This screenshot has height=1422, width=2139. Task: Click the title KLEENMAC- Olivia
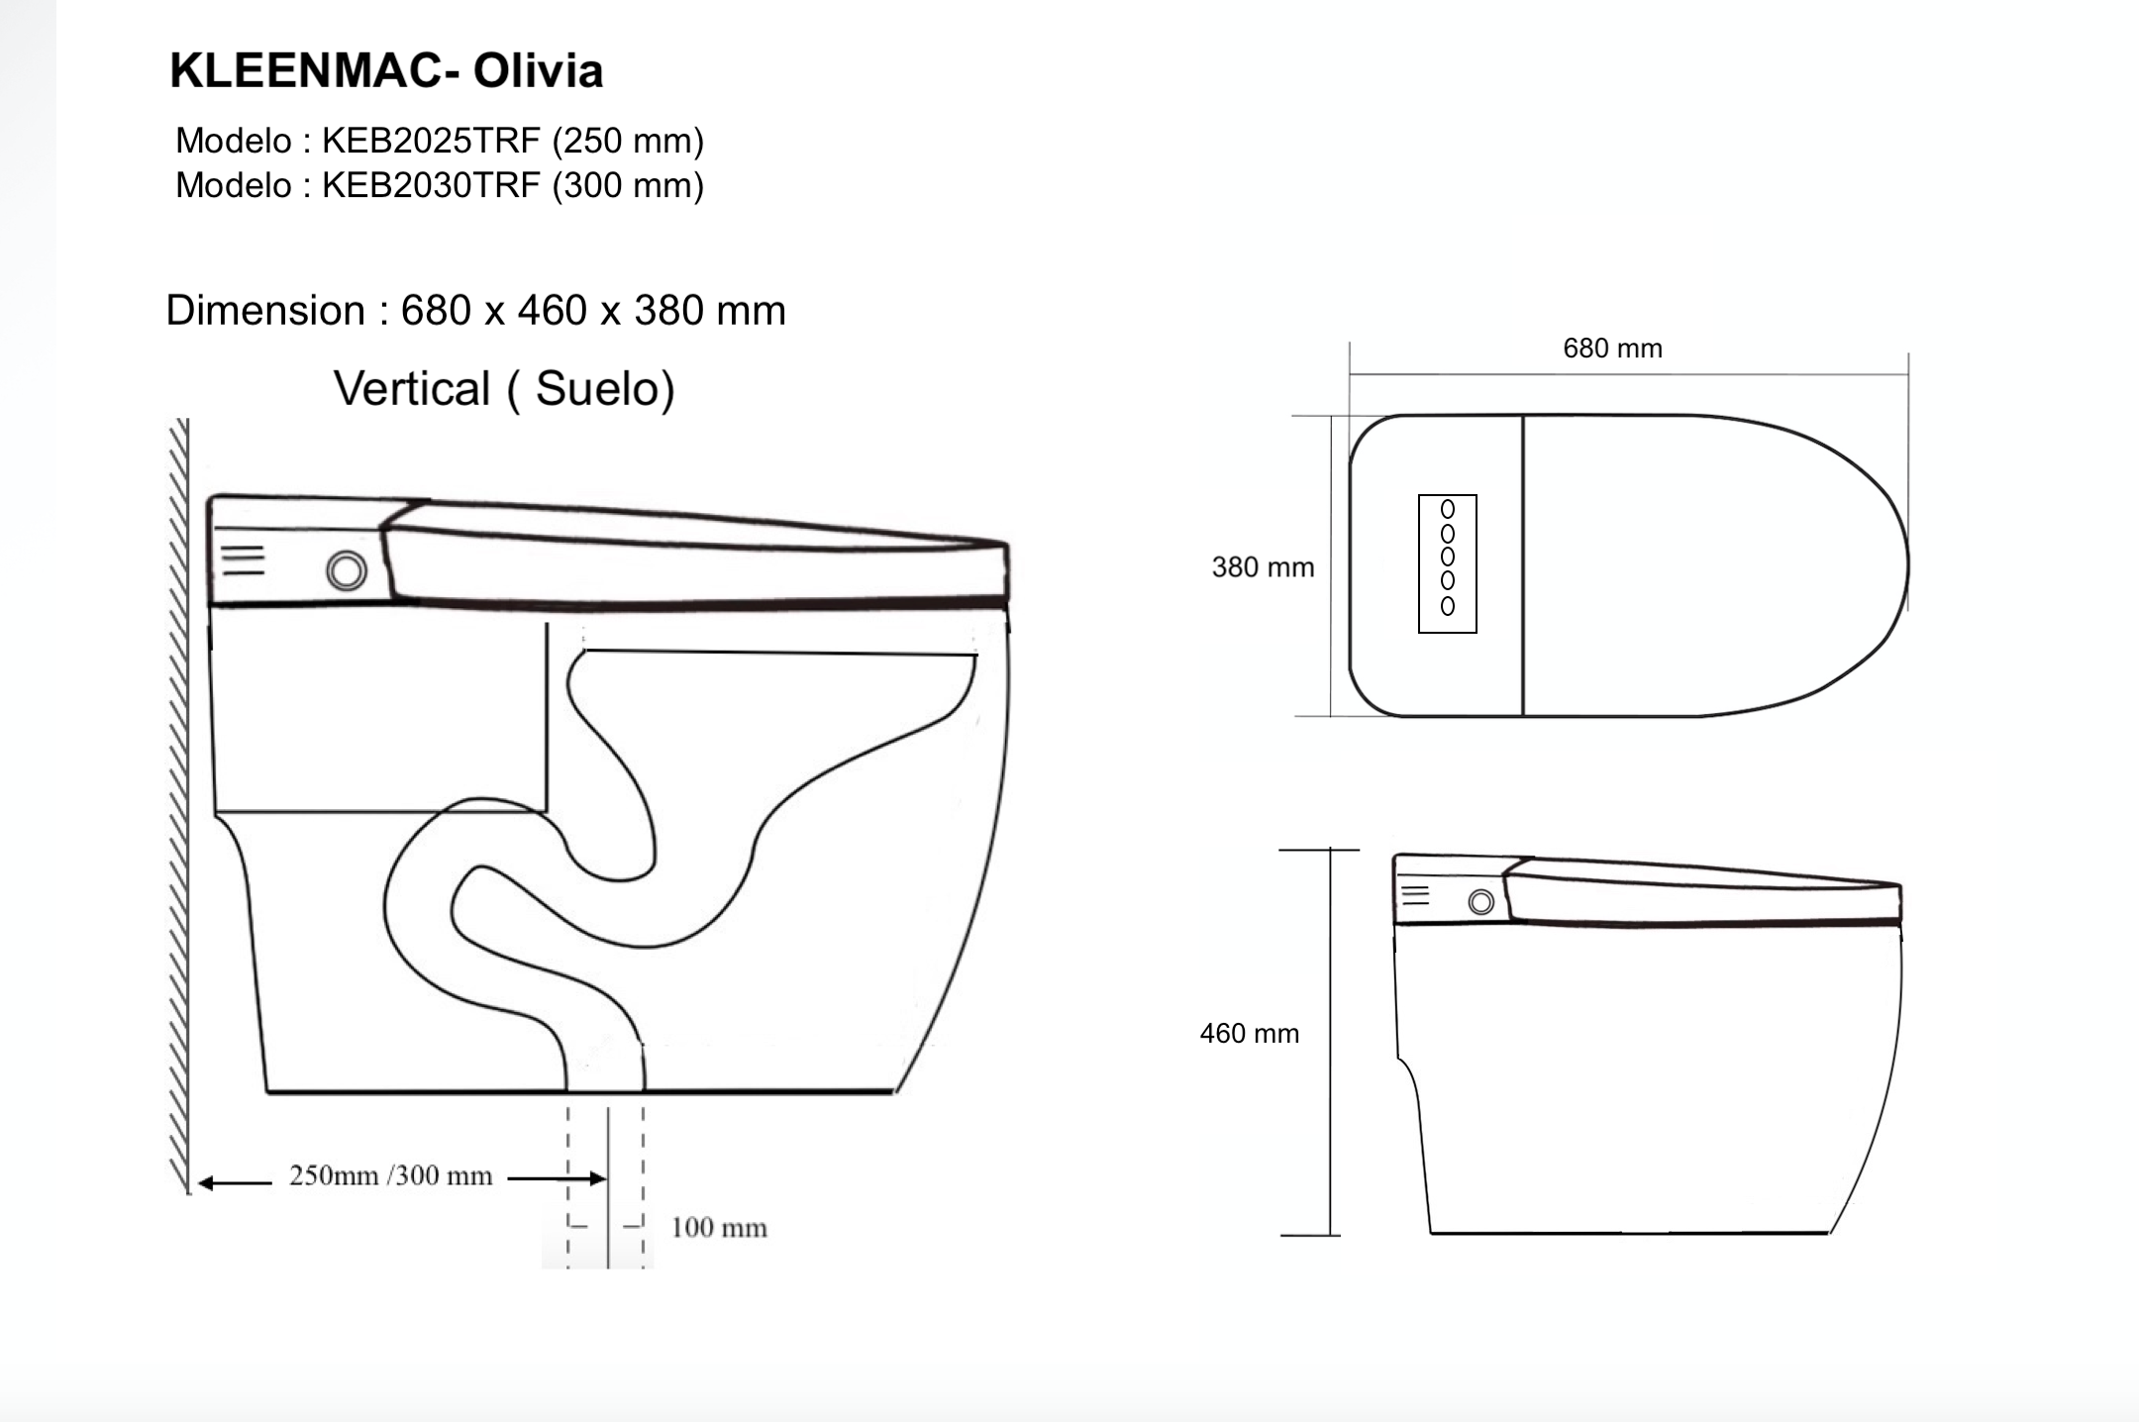[386, 71]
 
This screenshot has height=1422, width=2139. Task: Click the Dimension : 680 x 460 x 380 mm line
[475, 311]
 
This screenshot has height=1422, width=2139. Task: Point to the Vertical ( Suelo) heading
[504, 388]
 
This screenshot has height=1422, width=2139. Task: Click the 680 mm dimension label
[1612, 349]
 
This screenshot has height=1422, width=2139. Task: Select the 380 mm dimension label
[1263, 567]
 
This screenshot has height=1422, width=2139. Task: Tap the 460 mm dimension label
[1249, 1034]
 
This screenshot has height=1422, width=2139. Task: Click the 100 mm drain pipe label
[719, 1228]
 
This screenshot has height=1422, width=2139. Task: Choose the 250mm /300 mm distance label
[390, 1175]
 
